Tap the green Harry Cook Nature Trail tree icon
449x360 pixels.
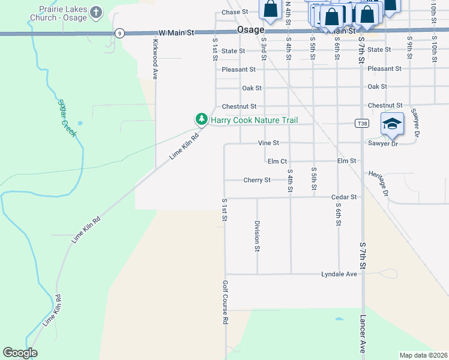click(x=202, y=120)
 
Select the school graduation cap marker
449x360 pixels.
click(x=393, y=124)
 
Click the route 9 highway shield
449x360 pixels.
click(x=121, y=34)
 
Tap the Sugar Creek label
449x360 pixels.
click(x=67, y=118)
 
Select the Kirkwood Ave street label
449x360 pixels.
click(x=155, y=59)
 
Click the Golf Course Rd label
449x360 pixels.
click(x=225, y=302)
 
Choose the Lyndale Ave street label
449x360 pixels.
click(x=339, y=274)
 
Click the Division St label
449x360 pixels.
click(x=257, y=235)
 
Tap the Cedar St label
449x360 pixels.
click(x=344, y=197)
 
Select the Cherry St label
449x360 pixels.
click(x=257, y=180)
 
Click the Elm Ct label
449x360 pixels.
click(x=277, y=161)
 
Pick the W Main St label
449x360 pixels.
click(x=176, y=34)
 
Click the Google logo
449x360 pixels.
click(x=20, y=353)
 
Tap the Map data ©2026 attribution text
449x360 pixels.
click(x=423, y=355)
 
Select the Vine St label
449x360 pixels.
click(x=268, y=143)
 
